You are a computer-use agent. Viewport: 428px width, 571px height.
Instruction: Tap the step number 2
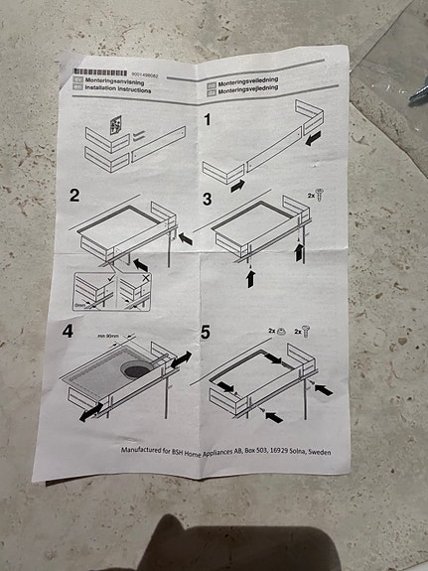coord(74,194)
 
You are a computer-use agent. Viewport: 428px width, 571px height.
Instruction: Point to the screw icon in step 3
coord(321,196)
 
